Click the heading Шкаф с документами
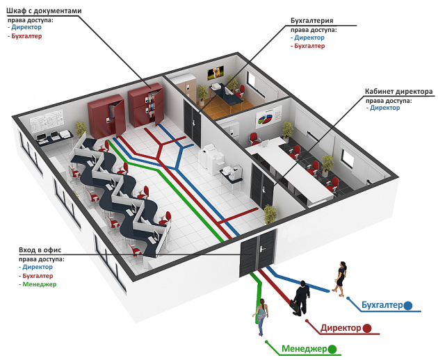coord(44,12)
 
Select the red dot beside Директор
coord(366,327)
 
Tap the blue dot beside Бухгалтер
coord(408,305)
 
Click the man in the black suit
coord(301,297)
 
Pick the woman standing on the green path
coord(261,317)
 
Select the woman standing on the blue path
coord(340,278)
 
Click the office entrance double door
coord(257,253)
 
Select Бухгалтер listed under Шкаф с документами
coord(26,36)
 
